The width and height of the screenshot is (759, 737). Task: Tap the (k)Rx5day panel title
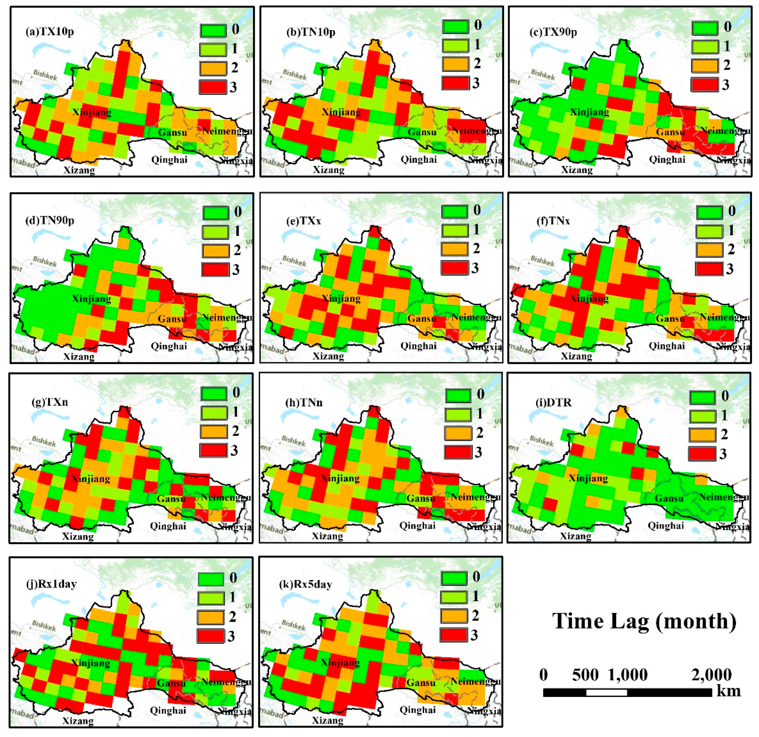click(305, 584)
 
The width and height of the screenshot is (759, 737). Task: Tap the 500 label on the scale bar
click(585, 675)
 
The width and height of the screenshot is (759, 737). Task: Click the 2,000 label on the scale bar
click(711, 675)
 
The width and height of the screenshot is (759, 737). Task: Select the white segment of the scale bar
click(607, 692)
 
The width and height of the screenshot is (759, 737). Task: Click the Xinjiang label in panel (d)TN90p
click(91, 299)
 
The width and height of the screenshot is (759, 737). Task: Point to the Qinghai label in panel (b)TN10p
click(419, 159)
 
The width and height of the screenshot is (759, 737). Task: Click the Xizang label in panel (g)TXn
click(78, 536)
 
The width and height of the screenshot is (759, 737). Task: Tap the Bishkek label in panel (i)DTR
click(541, 441)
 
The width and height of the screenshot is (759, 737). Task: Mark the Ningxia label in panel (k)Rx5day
click(484, 711)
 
